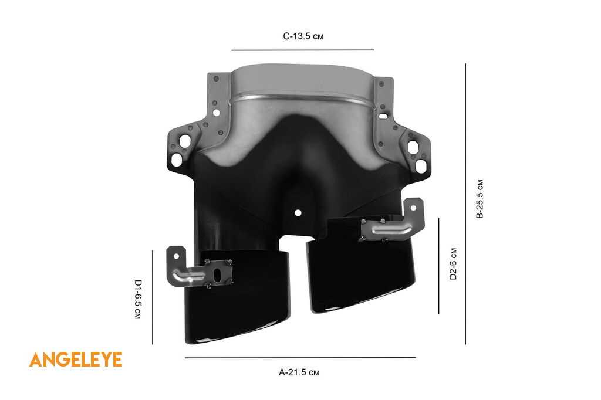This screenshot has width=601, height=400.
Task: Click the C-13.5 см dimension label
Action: [303, 36]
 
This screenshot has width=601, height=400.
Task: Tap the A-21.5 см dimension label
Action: [299, 372]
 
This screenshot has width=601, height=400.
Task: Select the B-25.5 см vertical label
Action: [480, 199]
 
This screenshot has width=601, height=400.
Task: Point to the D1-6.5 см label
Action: [137, 299]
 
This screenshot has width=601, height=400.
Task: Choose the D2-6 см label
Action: [453, 263]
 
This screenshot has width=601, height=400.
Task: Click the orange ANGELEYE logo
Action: [76, 360]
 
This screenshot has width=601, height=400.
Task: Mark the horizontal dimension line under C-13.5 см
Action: [302, 50]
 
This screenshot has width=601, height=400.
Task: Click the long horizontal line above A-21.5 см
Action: [300, 358]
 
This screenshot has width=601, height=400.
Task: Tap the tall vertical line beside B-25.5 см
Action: [465, 204]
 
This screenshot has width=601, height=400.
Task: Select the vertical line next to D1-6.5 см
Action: [152, 297]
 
